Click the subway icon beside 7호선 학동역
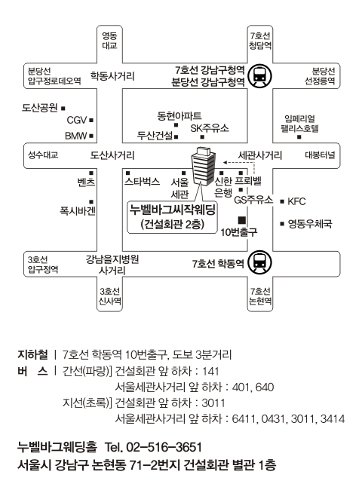[x=259, y=262]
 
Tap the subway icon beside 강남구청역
[x=259, y=76]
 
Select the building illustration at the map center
[x=203, y=167]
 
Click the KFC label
[x=296, y=201]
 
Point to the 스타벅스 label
[x=142, y=182]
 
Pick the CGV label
[x=76, y=120]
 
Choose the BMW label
[x=76, y=136]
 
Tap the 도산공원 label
[x=40, y=108]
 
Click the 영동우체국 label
[x=310, y=224]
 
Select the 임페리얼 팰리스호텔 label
[x=299, y=124]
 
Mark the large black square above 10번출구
[x=242, y=220]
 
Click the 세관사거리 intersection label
[x=260, y=155]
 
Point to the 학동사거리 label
[x=112, y=76]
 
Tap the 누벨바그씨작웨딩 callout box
[x=173, y=217]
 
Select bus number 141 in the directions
[x=210, y=371]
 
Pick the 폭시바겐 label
[x=78, y=211]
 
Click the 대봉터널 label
[x=320, y=155]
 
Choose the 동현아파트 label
[x=179, y=116]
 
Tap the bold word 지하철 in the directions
[x=32, y=354]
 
